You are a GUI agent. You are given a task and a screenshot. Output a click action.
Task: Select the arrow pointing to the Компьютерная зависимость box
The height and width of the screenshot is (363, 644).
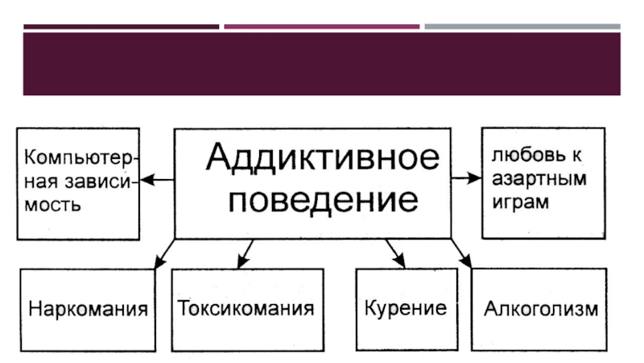(158, 180)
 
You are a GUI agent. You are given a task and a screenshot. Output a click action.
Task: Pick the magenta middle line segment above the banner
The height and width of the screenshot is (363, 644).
(321, 27)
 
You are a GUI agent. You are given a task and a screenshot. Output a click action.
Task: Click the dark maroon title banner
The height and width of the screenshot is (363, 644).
(322, 64)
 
